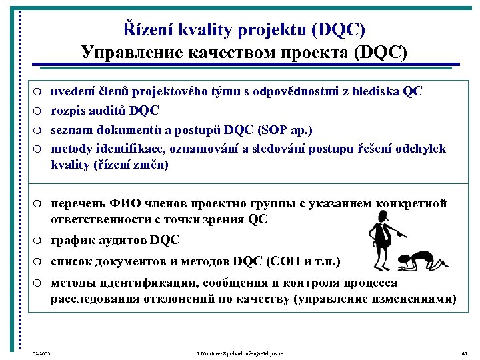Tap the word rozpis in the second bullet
point(67,109)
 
